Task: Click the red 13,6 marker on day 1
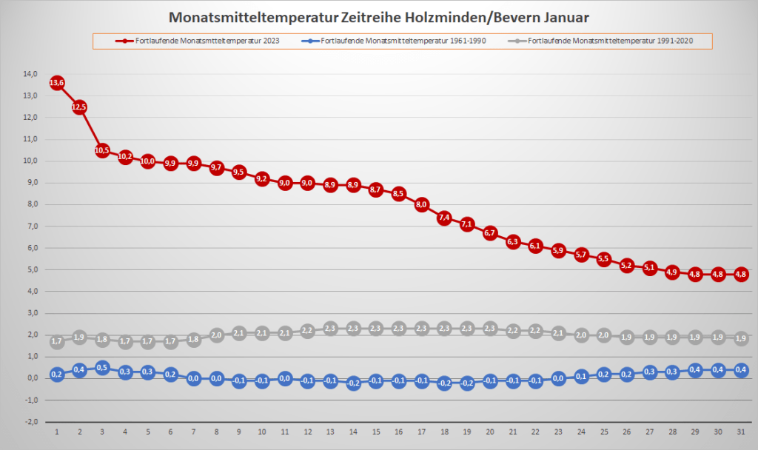57,83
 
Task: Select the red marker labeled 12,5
80,107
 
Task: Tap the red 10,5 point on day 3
102,150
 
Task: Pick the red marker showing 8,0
422,204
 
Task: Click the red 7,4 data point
444,218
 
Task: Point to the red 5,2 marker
627,265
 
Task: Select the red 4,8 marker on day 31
741,274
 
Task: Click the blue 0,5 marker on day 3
102,367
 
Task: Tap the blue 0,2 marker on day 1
57,374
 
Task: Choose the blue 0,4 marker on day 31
741,369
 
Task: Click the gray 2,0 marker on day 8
216,335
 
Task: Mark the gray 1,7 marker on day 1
57,341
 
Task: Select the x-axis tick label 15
376,431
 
